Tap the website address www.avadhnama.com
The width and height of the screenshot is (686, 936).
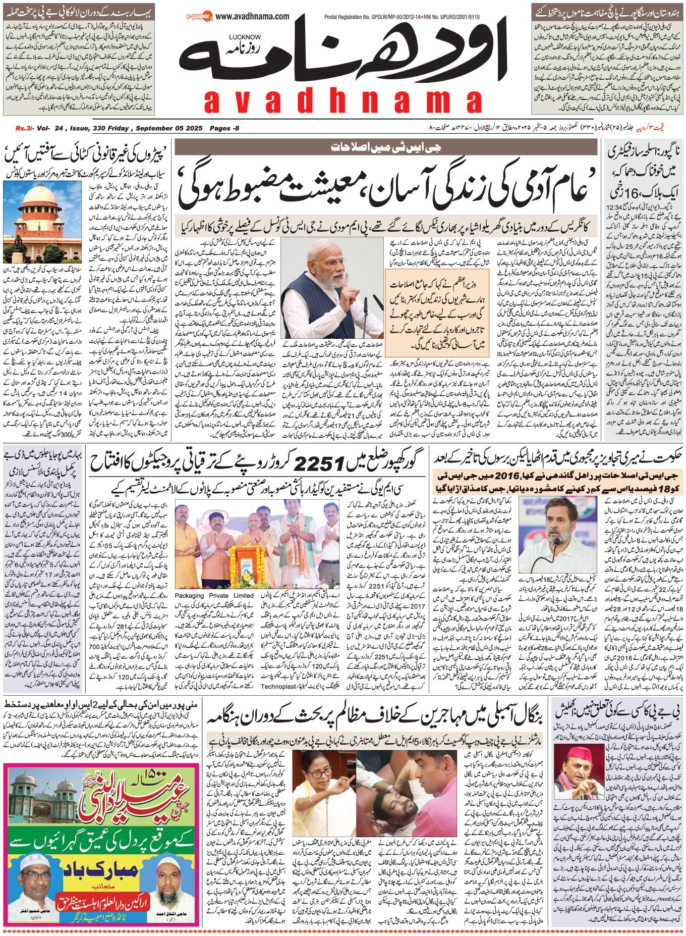(255, 17)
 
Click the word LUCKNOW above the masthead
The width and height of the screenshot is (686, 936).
(245, 37)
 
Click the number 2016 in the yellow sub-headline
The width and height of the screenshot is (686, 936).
(508, 476)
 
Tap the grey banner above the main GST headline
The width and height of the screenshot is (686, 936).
(385, 147)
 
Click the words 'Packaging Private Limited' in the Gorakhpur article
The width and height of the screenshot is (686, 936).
(214, 596)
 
